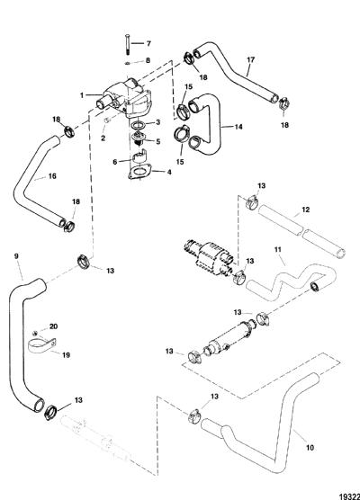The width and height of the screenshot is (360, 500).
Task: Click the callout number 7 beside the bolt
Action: click(148, 43)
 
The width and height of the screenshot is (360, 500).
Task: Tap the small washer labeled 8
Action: click(128, 63)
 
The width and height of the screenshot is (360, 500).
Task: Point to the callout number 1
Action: click(82, 95)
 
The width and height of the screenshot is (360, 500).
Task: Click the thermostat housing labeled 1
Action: click(124, 99)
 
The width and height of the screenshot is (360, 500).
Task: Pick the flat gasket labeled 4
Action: click(139, 172)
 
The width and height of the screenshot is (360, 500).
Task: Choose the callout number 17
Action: click(251, 59)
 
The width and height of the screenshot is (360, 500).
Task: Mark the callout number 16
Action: click(52, 176)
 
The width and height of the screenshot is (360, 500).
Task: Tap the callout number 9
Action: click(16, 255)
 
